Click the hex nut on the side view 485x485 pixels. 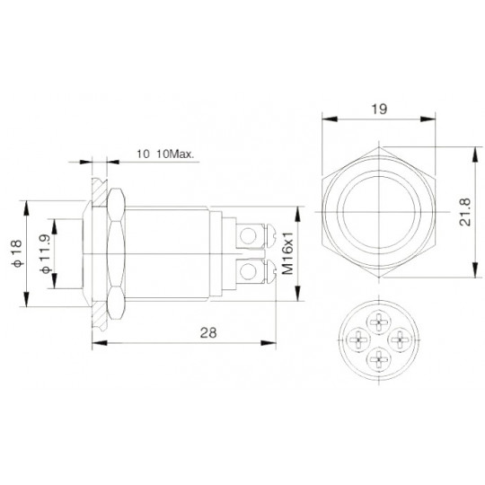[x=115, y=251]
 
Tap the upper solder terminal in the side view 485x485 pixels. [x=256, y=235]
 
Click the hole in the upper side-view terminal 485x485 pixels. [x=261, y=235]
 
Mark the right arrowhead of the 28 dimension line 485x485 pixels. [x=270, y=342]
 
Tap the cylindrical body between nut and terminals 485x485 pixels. [x=171, y=251]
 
